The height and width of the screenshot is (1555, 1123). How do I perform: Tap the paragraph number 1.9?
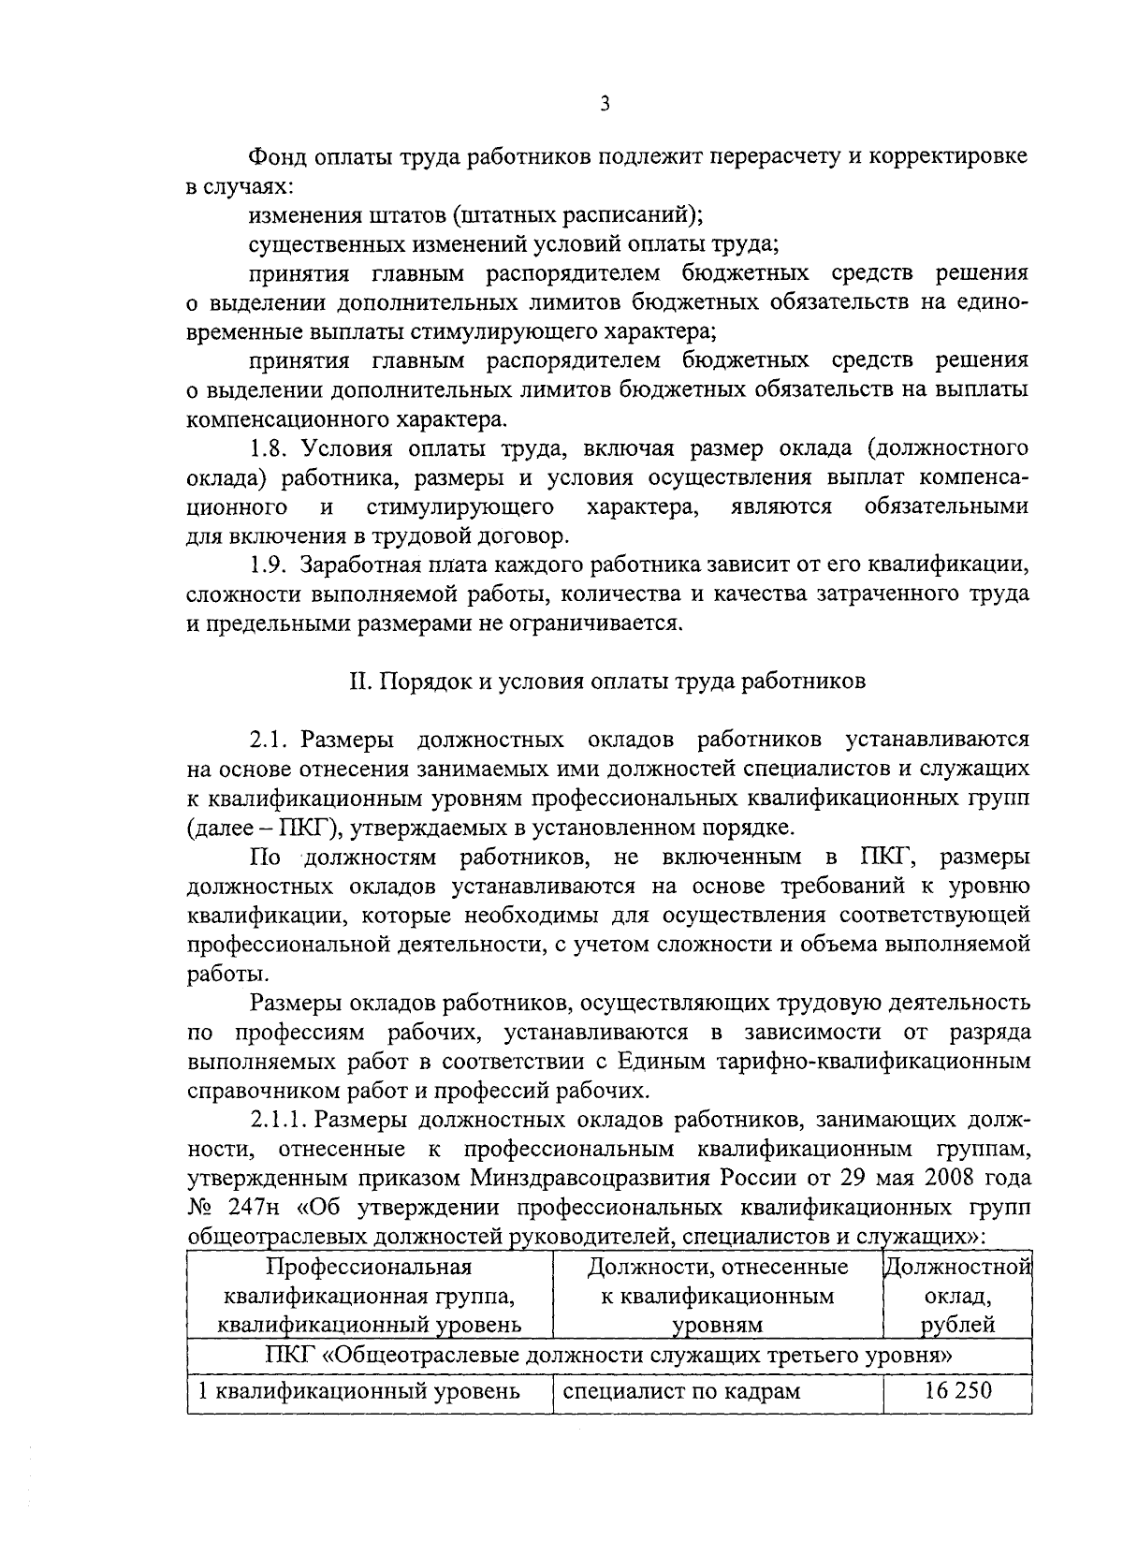point(270,565)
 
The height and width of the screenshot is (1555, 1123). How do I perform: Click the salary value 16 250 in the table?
point(957,1390)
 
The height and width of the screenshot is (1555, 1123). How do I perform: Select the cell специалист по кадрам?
point(681,1390)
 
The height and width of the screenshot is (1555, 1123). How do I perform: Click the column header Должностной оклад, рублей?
point(957,1297)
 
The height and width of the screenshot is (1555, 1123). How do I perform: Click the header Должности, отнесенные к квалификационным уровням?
point(718,1297)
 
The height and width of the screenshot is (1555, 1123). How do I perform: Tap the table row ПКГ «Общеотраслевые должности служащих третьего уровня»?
point(608,1355)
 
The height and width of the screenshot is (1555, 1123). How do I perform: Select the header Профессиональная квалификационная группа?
point(369,1297)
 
